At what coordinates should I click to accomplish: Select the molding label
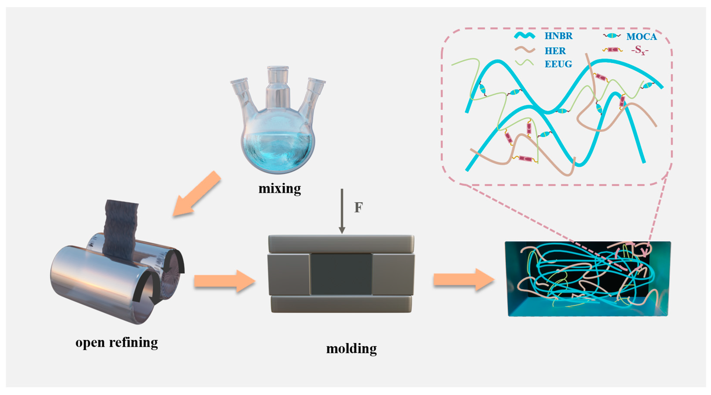point(351,349)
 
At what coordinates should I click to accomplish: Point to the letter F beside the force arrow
point(358,207)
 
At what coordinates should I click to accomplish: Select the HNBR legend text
point(558,36)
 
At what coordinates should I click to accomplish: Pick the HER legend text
point(555,51)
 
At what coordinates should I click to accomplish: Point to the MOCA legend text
point(641,37)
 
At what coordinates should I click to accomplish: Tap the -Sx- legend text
point(639,50)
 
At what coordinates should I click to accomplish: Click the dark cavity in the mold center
point(341,274)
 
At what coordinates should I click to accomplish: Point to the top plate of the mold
point(341,244)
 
